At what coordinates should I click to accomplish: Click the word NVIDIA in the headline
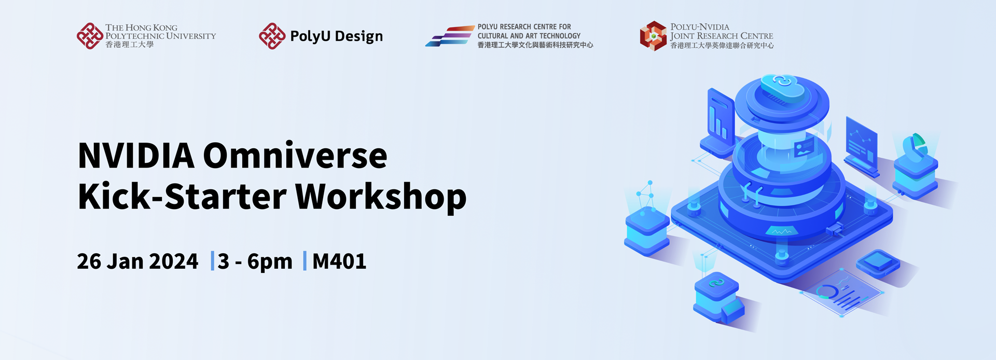click(136, 156)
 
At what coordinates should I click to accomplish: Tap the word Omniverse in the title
click(295, 156)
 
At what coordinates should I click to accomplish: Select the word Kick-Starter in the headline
click(182, 197)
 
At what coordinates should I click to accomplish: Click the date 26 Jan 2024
click(137, 261)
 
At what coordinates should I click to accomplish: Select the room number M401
click(339, 261)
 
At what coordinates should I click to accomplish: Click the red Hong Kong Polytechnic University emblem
click(90, 36)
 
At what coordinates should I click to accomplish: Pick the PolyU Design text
click(336, 36)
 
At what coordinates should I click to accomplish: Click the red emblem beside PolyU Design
click(272, 36)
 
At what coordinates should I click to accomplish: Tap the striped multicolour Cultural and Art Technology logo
click(449, 36)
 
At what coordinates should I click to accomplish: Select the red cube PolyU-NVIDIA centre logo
click(653, 36)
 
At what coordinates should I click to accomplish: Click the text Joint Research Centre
click(722, 36)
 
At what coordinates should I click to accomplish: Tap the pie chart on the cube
click(915, 146)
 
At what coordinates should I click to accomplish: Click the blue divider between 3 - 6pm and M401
click(305, 261)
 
